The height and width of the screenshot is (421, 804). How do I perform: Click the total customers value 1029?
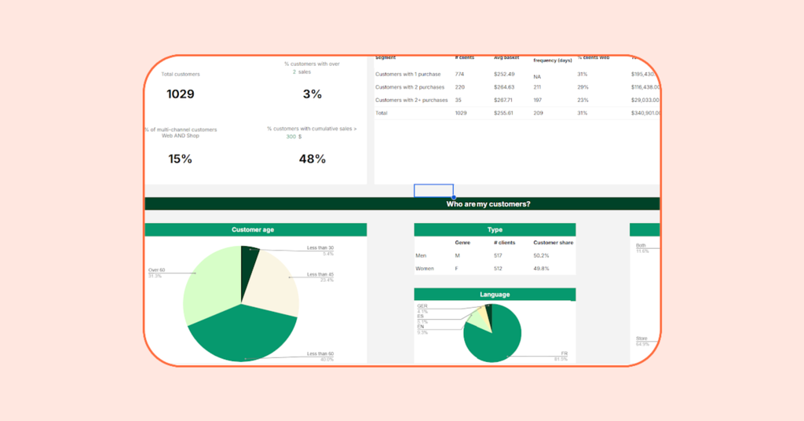(180, 94)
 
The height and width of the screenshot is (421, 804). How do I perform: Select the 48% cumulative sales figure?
(312, 159)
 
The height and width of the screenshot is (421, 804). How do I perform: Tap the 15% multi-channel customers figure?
(180, 159)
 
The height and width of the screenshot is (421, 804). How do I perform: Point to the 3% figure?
(312, 94)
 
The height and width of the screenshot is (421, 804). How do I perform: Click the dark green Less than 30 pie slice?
(249, 260)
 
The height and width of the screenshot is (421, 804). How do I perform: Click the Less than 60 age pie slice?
(239, 334)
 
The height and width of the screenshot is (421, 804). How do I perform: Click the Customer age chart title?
(253, 230)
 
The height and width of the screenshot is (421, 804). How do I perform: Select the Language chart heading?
(495, 295)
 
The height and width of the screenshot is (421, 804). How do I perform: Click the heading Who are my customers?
(488, 204)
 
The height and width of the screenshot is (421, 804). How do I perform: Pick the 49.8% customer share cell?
(542, 269)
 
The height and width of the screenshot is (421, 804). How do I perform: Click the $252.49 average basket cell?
(504, 74)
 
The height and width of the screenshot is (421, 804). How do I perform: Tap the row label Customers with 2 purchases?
(409, 87)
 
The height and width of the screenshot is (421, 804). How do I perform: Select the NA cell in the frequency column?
(537, 77)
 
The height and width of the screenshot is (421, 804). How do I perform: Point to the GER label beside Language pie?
(422, 306)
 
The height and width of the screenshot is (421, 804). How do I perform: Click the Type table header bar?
(495, 230)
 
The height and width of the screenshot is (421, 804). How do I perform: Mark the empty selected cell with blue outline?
(433, 191)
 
